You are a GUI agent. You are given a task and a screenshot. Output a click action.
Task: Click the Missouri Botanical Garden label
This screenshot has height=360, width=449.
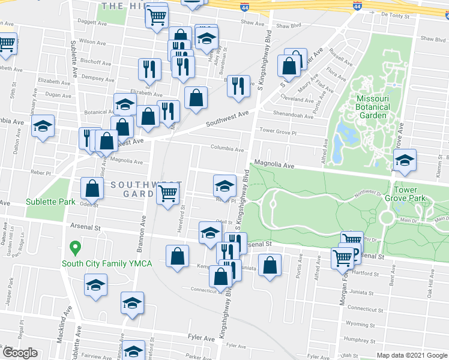pyautogui.click(x=373, y=107)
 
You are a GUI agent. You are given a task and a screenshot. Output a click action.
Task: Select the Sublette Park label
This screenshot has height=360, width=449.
pyautogui.click(x=50, y=202)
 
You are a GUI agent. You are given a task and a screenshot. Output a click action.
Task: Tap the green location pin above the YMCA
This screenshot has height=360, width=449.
pyautogui.click(x=75, y=247)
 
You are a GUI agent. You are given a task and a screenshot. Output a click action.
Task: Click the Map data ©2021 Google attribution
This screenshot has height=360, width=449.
pyautogui.click(x=411, y=355)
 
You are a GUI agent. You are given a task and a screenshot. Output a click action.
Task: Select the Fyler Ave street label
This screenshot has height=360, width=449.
pyautogui.click(x=200, y=339)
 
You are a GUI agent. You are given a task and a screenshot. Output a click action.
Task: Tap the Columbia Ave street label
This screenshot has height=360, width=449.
pyautogui.click(x=227, y=149)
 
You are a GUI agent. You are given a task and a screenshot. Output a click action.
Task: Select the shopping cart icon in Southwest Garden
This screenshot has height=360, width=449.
pyautogui.click(x=167, y=193)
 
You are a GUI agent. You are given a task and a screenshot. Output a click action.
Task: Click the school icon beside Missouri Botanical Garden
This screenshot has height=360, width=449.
pyautogui.click(x=405, y=160)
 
